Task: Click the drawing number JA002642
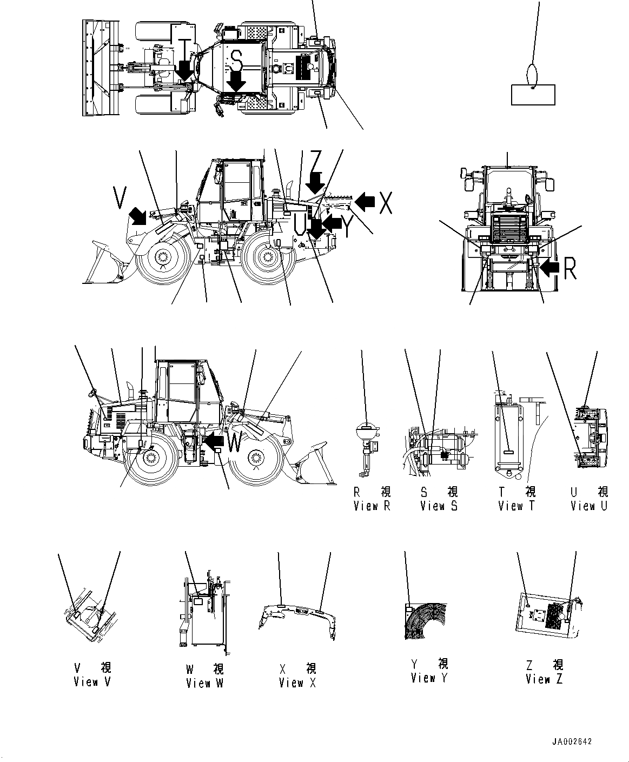coord(572,741)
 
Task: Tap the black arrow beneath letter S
coord(236,82)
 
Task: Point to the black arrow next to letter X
coord(366,201)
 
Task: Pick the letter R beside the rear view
coord(570,268)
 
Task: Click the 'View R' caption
coord(372,506)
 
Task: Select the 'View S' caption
coord(439,506)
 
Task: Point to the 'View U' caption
coord(588,506)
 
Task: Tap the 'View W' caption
coord(204,683)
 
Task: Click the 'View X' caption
coord(297,683)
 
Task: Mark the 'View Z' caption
coord(544,679)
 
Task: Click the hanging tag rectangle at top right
coord(533,94)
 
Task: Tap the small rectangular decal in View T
coord(508,452)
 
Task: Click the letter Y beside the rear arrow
coord(347,227)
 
